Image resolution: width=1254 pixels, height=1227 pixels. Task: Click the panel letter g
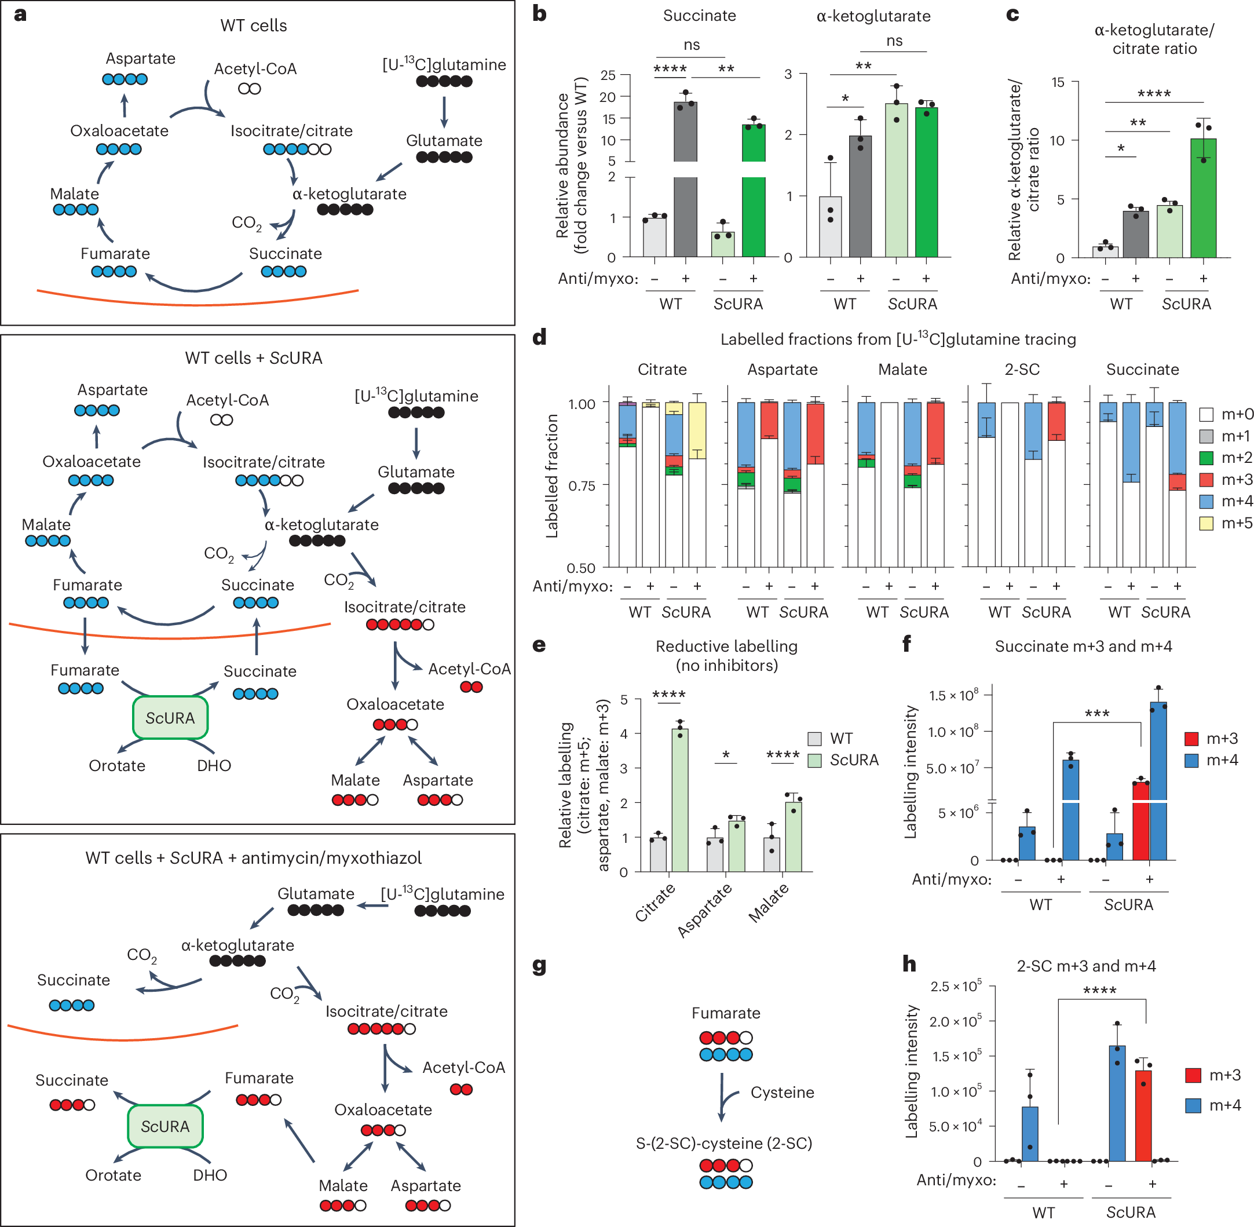(x=539, y=966)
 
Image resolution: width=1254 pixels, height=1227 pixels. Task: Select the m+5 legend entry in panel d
(x=1225, y=523)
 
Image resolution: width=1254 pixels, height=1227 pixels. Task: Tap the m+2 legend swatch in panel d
(x=1207, y=458)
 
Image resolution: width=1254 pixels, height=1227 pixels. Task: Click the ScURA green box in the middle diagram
(x=170, y=717)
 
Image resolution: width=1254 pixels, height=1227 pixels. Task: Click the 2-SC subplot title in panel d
(x=1021, y=369)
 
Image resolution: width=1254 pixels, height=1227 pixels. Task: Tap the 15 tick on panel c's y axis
(x=1058, y=82)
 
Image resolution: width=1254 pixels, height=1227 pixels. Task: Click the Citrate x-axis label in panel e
(x=655, y=902)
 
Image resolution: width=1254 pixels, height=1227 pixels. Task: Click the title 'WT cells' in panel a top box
(x=253, y=25)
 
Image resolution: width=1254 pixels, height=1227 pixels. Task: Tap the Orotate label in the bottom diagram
(x=114, y=1175)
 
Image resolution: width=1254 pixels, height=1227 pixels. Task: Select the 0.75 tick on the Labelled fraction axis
(x=582, y=486)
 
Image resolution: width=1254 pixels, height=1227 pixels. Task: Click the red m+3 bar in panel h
(x=1143, y=1115)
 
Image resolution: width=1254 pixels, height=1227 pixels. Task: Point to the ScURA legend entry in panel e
(x=843, y=760)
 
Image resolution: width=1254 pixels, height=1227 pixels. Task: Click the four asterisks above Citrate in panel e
(x=669, y=694)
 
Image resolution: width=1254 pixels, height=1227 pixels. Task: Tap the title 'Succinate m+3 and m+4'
(x=1083, y=646)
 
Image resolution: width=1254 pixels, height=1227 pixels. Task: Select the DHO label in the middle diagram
(x=214, y=766)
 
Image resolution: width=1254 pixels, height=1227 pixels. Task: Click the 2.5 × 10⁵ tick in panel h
(x=956, y=987)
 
